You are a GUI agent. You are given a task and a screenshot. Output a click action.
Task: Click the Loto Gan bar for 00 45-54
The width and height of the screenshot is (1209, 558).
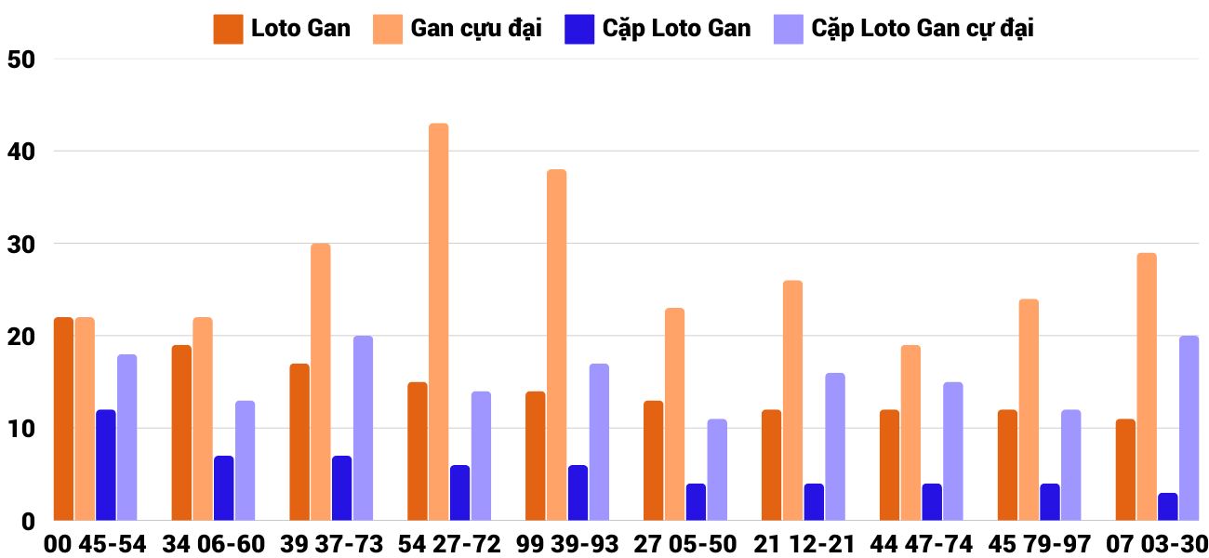pos(63,418)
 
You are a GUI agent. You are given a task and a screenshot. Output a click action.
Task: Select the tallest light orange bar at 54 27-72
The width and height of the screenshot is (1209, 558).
pos(438,322)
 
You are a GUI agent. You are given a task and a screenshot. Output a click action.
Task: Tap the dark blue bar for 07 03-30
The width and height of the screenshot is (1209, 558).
pos(1167,507)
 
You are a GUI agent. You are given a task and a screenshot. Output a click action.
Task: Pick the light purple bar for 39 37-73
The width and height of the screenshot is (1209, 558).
pos(363,428)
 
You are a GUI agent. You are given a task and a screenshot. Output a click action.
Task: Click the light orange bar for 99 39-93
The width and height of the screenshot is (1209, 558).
pos(556,345)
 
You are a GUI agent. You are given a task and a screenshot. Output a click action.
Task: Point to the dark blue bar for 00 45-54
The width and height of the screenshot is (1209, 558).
pos(106,465)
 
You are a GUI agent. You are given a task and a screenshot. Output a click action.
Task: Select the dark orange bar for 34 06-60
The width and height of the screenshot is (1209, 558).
pos(181,432)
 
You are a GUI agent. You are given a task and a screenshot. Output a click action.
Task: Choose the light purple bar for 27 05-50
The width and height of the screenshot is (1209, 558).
pos(717,470)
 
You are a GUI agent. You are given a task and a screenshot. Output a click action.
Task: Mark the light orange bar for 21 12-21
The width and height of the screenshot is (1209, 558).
pos(792,400)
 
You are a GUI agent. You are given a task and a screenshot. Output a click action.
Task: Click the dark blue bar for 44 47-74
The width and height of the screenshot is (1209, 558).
pos(932,502)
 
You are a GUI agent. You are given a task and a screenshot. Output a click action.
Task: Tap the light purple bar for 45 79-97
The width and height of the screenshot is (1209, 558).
pos(1070,465)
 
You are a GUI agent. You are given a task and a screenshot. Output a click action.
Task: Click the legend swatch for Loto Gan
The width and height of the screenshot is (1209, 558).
pos(228,29)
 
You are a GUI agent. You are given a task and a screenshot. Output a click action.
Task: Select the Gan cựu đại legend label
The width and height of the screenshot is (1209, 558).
pos(476,29)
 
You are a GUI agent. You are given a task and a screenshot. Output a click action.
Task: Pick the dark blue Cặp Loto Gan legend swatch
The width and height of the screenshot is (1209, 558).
pos(578,29)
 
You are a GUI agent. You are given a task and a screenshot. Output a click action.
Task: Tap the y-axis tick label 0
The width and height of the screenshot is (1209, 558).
pos(27,522)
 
